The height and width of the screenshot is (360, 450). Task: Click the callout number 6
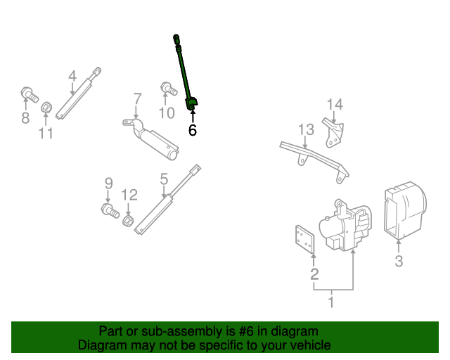point(192,130)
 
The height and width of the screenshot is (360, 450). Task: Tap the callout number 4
point(72,76)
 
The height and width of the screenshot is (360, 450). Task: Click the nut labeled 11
point(46,108)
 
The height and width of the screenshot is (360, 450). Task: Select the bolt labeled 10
point(169,89)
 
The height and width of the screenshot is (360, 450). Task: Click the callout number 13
point(305,129)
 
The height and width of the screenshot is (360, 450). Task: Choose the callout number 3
point(399,262)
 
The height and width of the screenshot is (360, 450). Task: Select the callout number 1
point(331,303)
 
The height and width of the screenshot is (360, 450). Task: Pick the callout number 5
point(164,179)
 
